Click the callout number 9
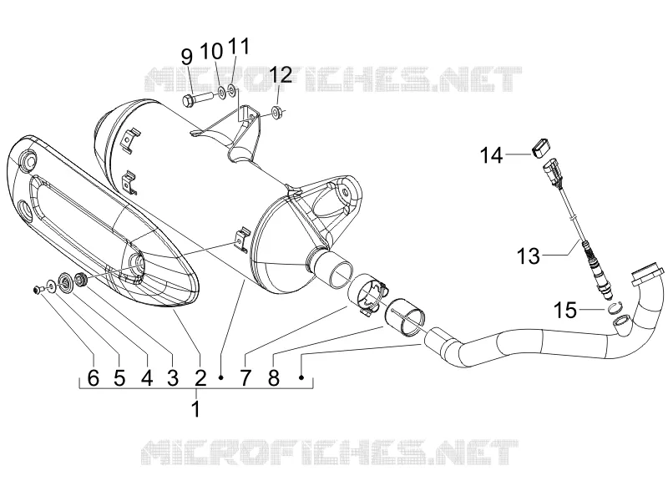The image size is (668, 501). click(x=186, y=57)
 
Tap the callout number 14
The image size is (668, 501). click(x=491, y=155)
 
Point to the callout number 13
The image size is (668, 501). click(x=529, y=256)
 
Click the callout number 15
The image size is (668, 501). click(x=565, y=310)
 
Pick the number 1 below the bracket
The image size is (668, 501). click(x=195, y=409)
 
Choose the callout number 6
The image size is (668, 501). click(x=94, y=377)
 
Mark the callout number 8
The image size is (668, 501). click(x=274, y=377)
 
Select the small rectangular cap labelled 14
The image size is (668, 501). click(x=540, y=147)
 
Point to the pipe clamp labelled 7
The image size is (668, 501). click(x=367, y=296)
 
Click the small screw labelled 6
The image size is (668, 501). click(x=37, y=290)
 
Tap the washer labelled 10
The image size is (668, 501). click(x=221, y=92)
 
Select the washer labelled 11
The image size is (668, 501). click(x=232, y=90)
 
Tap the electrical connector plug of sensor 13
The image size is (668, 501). click(x=552, y=173)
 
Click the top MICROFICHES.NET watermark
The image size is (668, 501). click(x=333, y=78)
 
